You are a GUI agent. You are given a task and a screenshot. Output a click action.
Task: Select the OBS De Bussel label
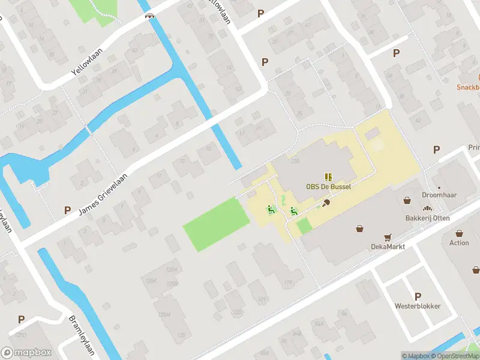328,187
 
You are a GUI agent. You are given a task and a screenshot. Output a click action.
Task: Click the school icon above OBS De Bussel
328,176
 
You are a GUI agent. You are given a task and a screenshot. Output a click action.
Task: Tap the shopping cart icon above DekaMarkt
388,236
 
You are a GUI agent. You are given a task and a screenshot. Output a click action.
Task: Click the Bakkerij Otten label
427,218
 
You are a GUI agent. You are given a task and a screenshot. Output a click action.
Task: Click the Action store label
459,243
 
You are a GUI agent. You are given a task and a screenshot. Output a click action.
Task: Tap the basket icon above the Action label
459,233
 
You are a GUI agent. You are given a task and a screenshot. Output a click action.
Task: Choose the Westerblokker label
418,306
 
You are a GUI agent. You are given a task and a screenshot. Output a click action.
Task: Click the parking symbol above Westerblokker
418,296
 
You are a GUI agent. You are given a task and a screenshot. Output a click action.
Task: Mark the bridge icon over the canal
150,16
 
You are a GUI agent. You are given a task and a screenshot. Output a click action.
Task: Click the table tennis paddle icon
326,203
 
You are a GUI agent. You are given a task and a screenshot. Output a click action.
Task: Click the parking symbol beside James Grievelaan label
67,210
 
